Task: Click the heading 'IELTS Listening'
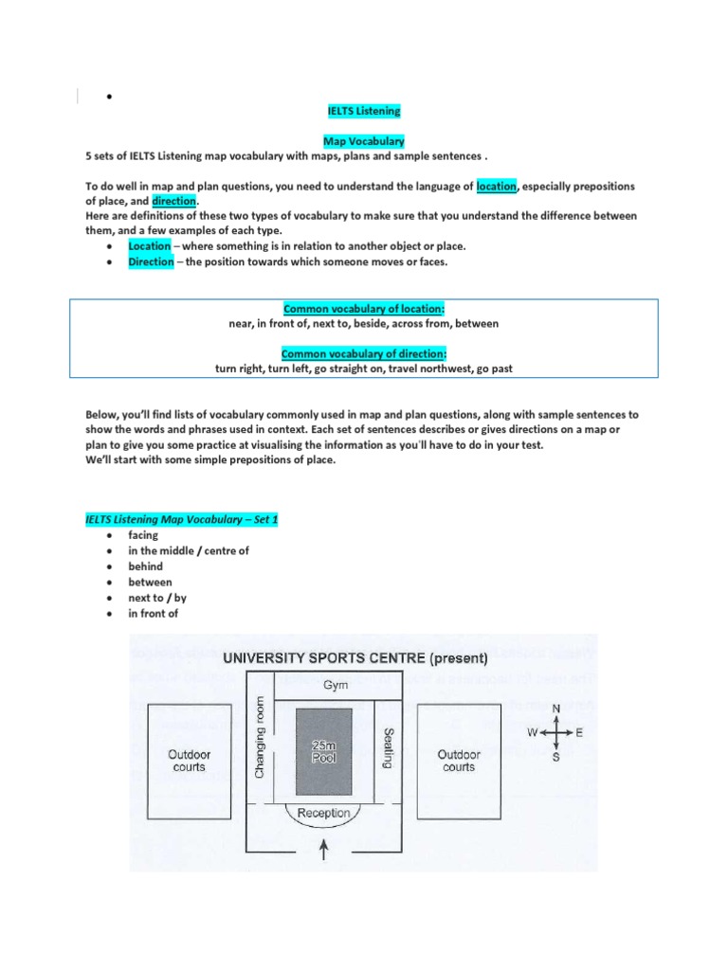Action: (x=364, y=112)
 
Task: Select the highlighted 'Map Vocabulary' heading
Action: (x=364, y=141)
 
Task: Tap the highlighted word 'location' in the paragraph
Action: (x=497, y=187)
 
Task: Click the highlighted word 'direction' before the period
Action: (x=173, y=202)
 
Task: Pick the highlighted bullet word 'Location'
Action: (x=151, y=246)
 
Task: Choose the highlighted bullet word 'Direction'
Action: (x=151, y=261)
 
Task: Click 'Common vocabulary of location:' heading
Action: (x=364, y=309)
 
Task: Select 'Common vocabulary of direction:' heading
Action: (x=364, y=353)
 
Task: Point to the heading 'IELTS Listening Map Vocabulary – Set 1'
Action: (x=182, y=520)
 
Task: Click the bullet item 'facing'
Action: (x=143, y=535)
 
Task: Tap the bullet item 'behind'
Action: (x=145, y=566)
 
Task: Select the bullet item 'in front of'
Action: (x=154, y=614)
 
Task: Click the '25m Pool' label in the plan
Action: (x=325, y=752)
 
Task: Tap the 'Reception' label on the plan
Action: (x=324, y=813)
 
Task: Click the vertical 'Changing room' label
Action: (x=261, y=736)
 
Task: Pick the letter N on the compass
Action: (x=555, y=708)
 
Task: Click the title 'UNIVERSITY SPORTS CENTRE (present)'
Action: (x=354, y=656)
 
